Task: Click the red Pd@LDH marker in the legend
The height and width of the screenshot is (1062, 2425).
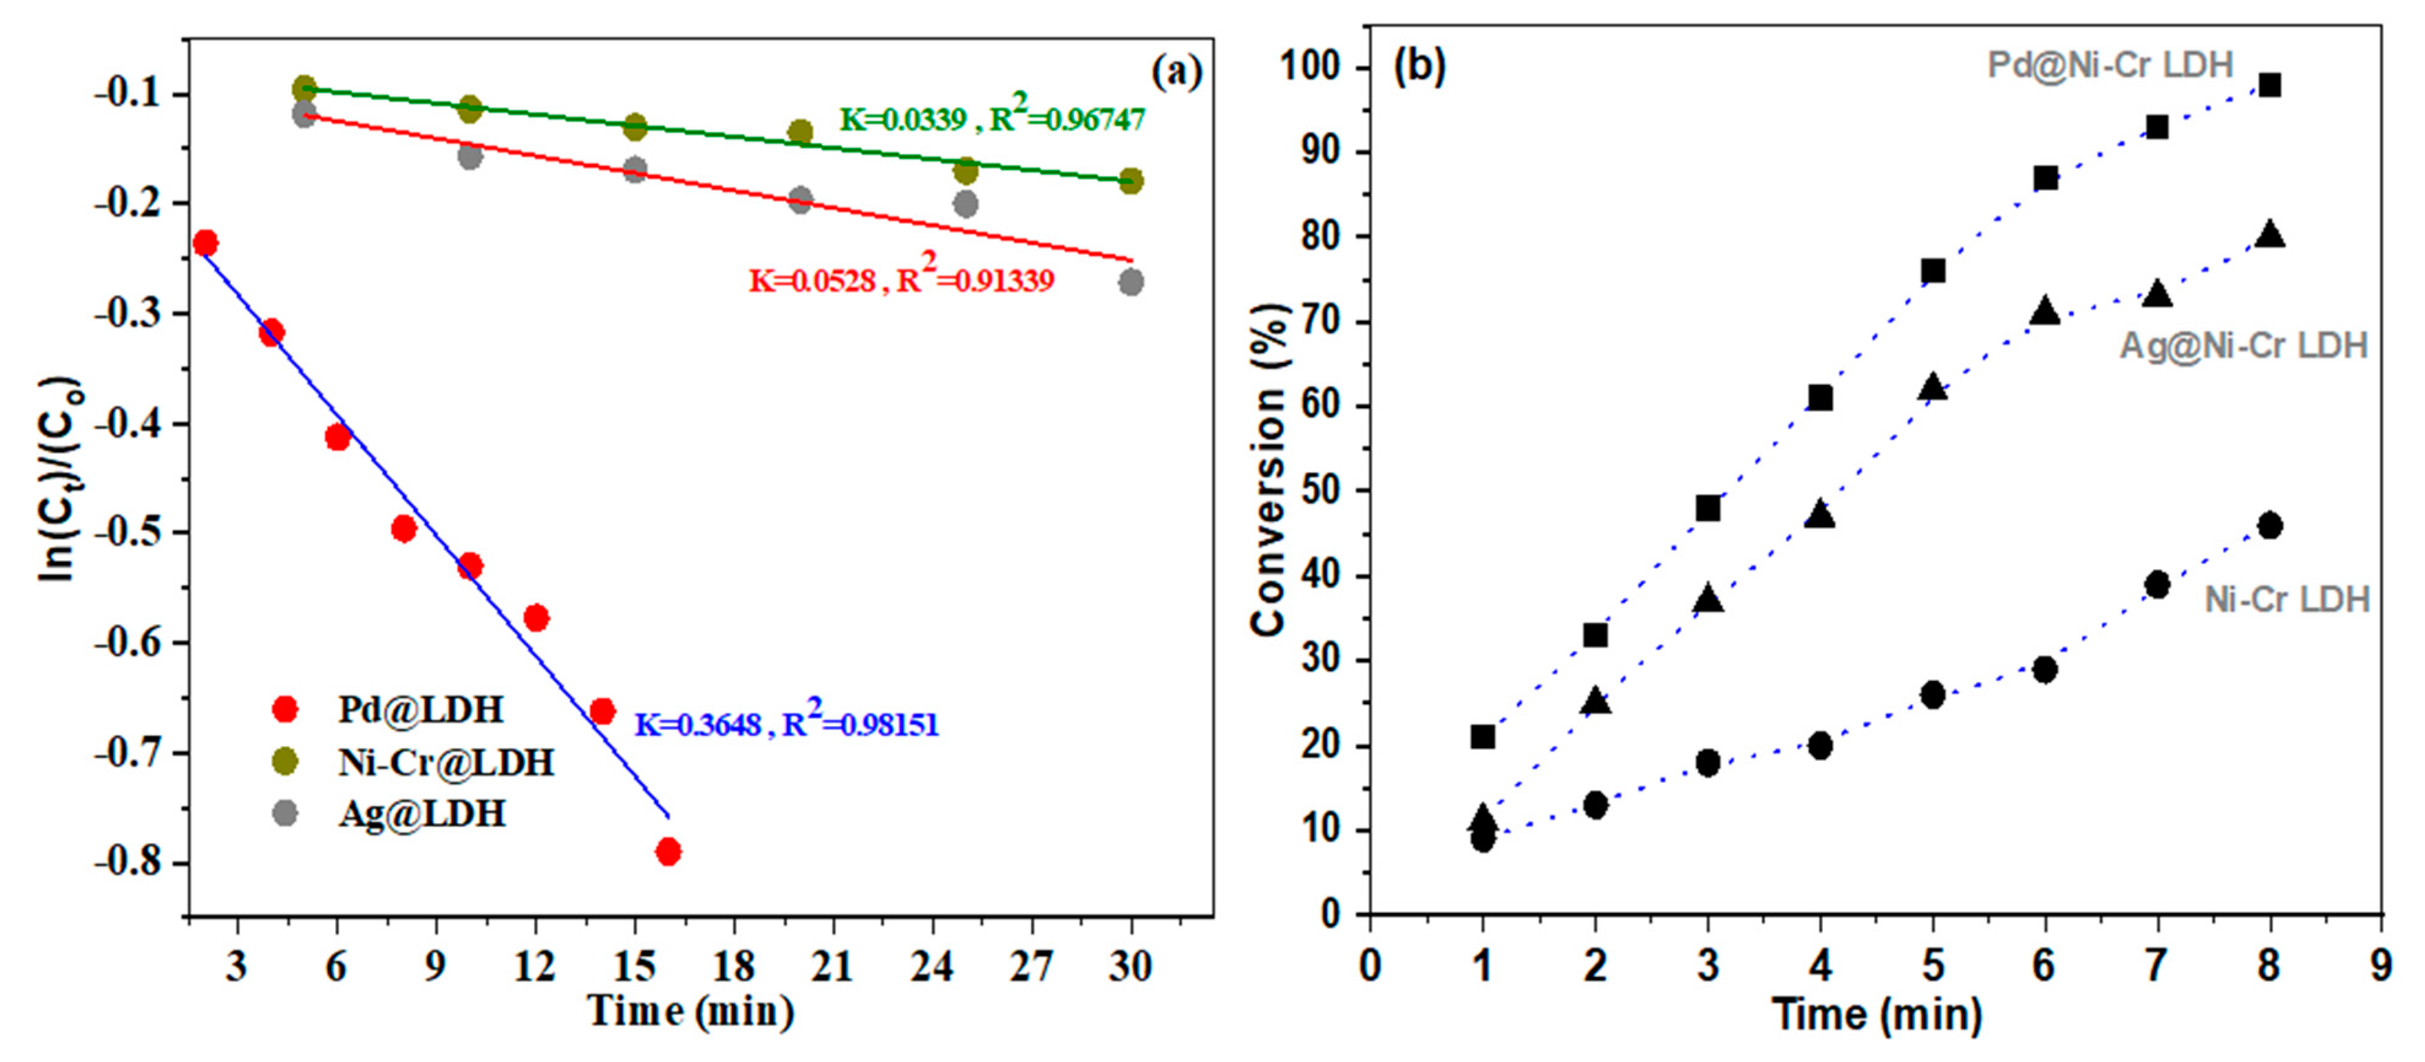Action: pos(284,709)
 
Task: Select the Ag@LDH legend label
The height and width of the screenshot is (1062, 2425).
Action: pos(422,813)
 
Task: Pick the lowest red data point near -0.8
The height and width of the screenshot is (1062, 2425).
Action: pos(668,852)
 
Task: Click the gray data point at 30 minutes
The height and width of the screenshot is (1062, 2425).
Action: pos(1132,282)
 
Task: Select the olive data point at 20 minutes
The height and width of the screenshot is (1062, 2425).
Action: pos(800,132)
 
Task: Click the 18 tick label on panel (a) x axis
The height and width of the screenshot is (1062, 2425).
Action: pos(733,966)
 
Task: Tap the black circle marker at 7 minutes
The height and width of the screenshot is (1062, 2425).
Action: pos(2157,584)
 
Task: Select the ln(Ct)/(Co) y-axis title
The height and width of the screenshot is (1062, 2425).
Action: pos(60,480)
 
